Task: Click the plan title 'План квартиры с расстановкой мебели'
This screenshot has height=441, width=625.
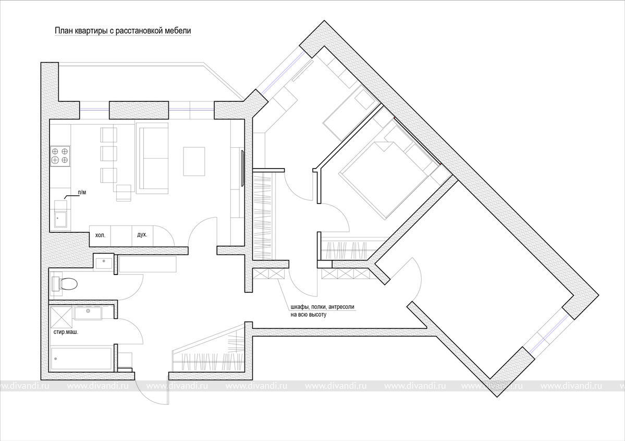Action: [123, 31]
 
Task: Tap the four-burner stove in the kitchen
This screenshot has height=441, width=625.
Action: [60, 156]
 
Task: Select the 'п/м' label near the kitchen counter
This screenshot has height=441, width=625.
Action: [82, 193]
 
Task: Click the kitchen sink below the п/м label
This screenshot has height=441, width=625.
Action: [60, 219]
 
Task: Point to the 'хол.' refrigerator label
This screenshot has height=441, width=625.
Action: [100, 235]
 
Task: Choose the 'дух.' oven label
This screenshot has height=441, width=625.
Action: [142, 235]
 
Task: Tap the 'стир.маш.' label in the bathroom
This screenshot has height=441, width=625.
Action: [66, 331]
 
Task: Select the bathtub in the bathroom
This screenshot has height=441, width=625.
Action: [81, 359]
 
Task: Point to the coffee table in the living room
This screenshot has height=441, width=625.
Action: [194, 161]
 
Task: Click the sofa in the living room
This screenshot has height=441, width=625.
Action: [152, 158]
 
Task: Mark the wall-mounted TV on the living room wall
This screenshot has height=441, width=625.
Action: [243, 167]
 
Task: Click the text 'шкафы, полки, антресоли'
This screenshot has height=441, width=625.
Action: [323, 307]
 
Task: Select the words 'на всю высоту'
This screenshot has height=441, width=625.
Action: [309, 315]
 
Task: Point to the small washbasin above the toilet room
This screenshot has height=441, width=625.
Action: [104, 262]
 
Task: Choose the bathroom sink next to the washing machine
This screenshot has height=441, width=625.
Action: [88, 313]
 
